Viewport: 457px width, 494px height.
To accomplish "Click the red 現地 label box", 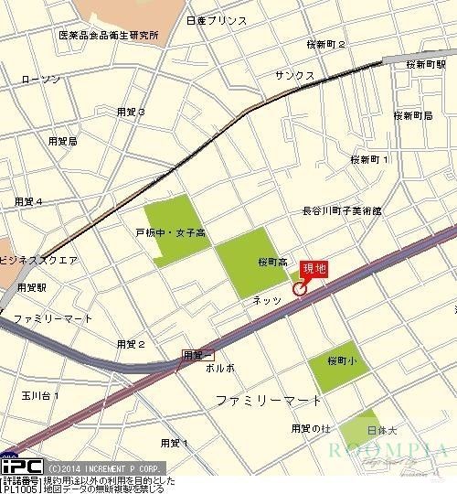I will [x=314, y=269].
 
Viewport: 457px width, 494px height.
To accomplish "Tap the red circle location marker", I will [x=299, y=290].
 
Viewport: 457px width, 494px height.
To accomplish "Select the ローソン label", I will [x=40, y=80].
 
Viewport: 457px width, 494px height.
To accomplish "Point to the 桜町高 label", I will [x=272, y=261].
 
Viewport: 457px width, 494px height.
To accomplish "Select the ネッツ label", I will [x=267, y=299].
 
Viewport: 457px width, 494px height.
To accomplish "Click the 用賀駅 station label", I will [x=31, y=287].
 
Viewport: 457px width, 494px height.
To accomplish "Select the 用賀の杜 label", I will [x=309, y=428].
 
